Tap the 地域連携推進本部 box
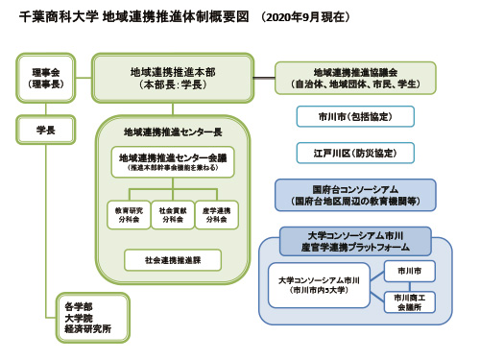pyautogui.click(x=172, y=78)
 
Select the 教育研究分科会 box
pyautogui.click(x=128, y=213)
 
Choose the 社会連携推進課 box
pyautogui.click(x=173, y=258)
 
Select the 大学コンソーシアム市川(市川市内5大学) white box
pyautogui.click(x=319, y=285)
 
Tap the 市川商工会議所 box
pyautogui.click(x=411, y=302)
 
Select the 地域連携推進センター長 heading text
pyautogui.click(x=173, y=131)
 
